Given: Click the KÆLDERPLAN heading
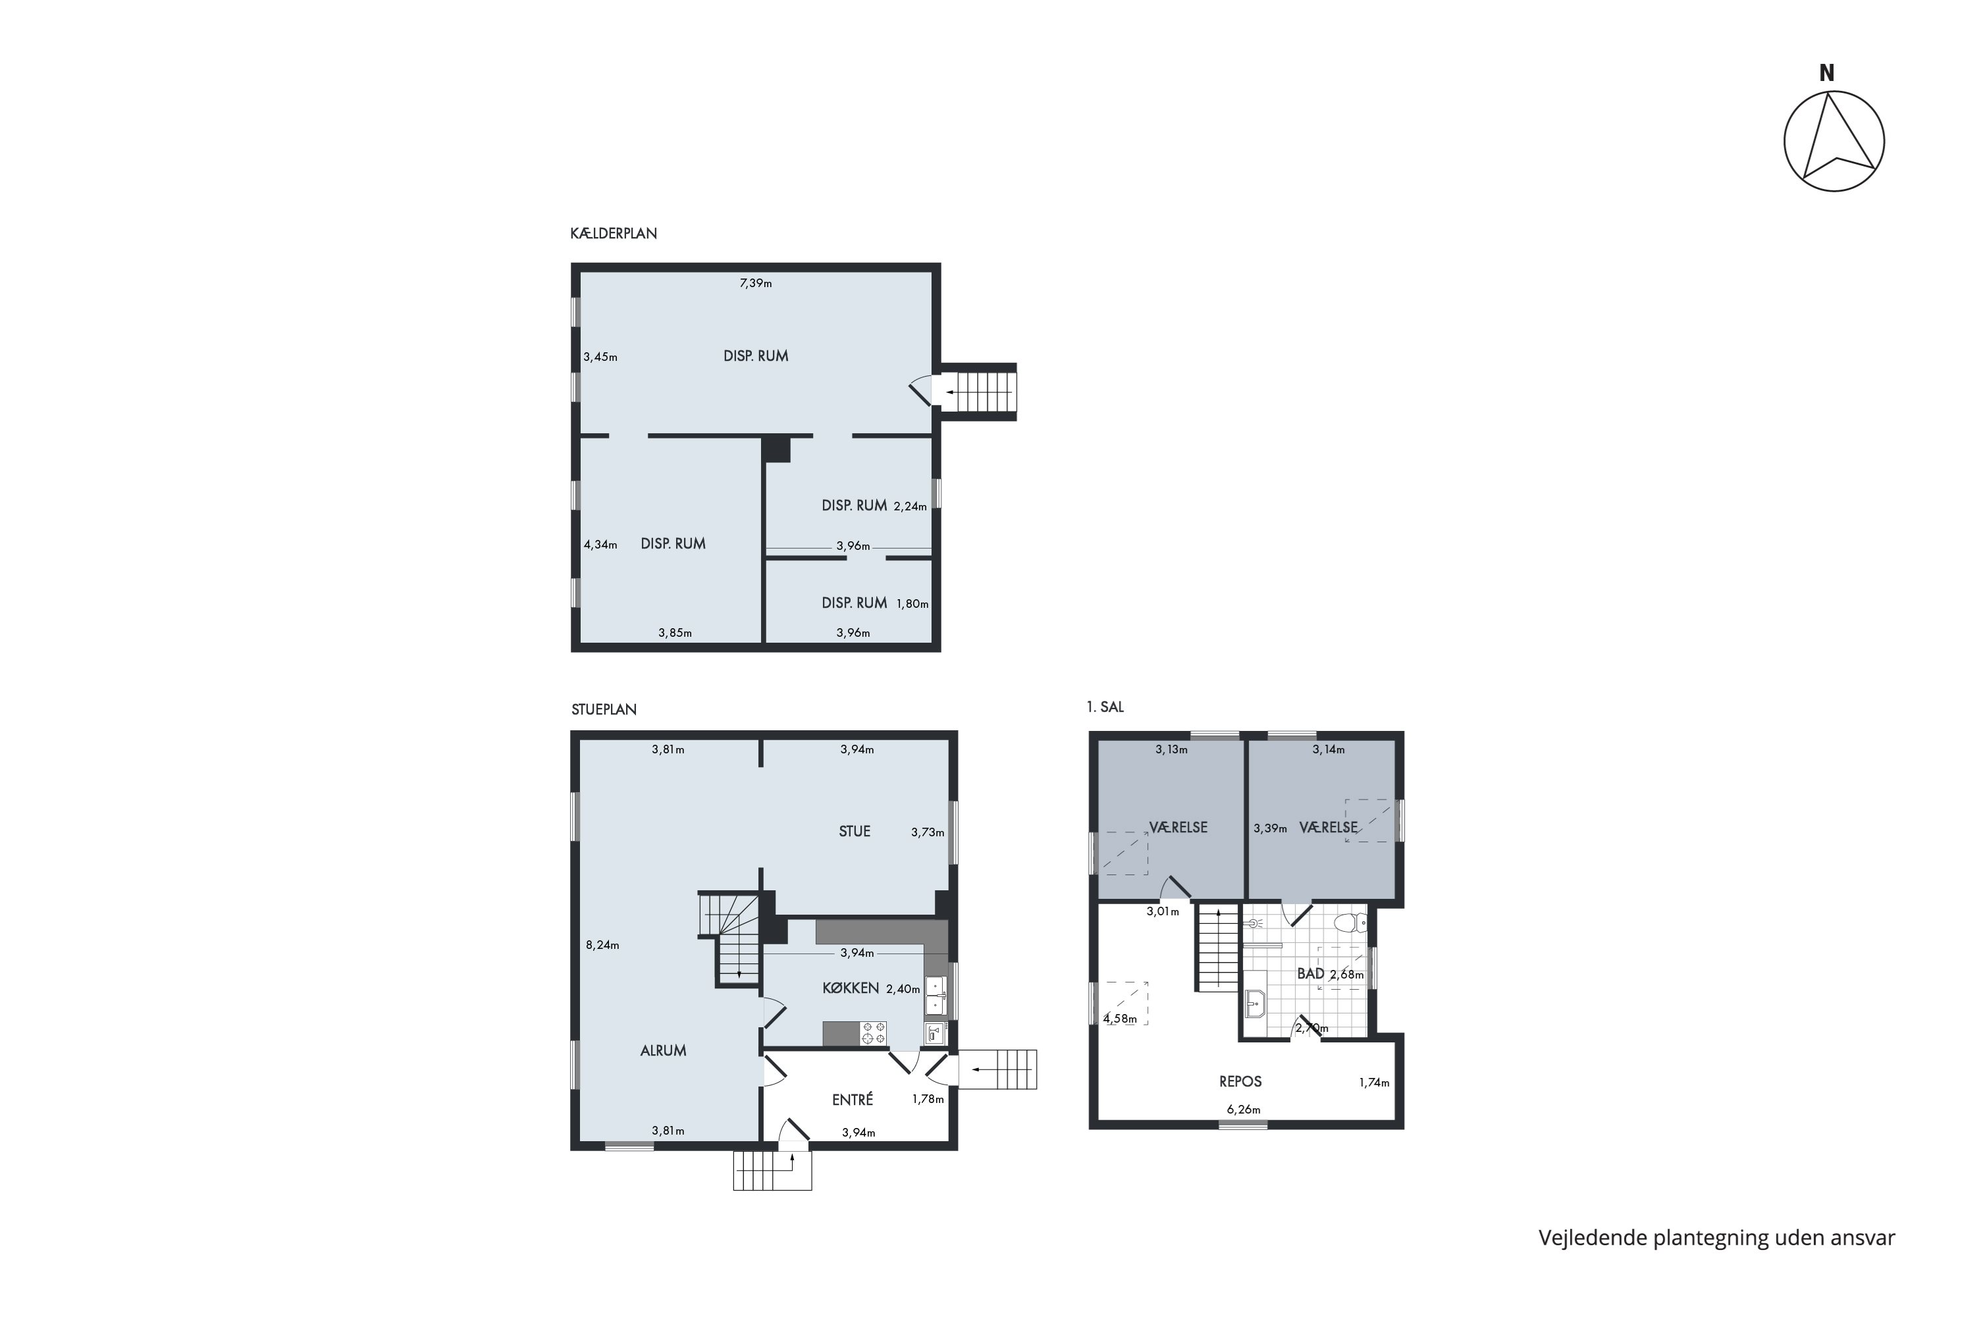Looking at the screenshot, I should [x=613, y=234].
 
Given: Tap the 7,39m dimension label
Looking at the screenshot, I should [x=755, y=283].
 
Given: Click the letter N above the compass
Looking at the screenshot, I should [x=1826, y=74].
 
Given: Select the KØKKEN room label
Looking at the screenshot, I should [x=850, y=988].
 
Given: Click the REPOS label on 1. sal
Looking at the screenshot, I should [x=1240, y=1082].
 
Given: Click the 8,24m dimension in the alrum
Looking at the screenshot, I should [x=602, y=945].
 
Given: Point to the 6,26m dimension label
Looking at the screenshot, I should [x=1243, y=1110].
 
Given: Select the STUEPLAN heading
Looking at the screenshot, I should [x=604, y=710].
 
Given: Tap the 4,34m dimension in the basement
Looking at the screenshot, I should [x=600, y=545].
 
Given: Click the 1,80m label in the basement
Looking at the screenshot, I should [x=912, y=604].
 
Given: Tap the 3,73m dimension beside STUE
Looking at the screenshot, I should [x=927, y=833].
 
